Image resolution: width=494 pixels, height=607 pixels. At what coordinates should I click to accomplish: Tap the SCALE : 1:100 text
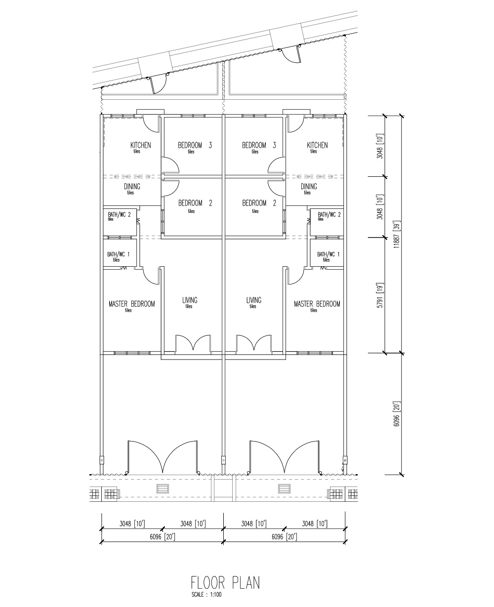206,595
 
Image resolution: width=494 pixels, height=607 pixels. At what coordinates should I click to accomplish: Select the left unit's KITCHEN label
140,145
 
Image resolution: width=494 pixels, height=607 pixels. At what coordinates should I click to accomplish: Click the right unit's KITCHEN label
317,145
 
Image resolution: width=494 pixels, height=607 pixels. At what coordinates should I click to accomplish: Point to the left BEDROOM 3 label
195,145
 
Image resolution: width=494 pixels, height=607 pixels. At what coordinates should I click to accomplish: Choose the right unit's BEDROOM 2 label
259,203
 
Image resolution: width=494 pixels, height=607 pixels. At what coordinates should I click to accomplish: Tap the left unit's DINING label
132,187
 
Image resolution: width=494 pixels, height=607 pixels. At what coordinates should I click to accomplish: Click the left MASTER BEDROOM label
132,304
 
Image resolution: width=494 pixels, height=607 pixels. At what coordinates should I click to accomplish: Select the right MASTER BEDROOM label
317,304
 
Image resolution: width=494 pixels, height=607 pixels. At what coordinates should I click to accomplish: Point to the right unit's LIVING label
254,300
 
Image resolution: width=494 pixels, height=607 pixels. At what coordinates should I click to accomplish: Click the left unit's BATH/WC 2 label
119,214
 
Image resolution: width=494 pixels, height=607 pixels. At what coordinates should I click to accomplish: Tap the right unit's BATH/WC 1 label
329,254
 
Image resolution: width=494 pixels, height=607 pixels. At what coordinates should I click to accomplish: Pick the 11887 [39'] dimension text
397,234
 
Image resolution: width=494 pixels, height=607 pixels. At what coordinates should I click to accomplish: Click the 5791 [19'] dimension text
380,295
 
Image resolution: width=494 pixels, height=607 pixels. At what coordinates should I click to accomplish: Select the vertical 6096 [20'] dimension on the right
397,414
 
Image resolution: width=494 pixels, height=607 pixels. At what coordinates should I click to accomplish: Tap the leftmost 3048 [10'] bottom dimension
132,524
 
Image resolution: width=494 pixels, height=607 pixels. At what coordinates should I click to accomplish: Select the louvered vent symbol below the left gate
163,488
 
